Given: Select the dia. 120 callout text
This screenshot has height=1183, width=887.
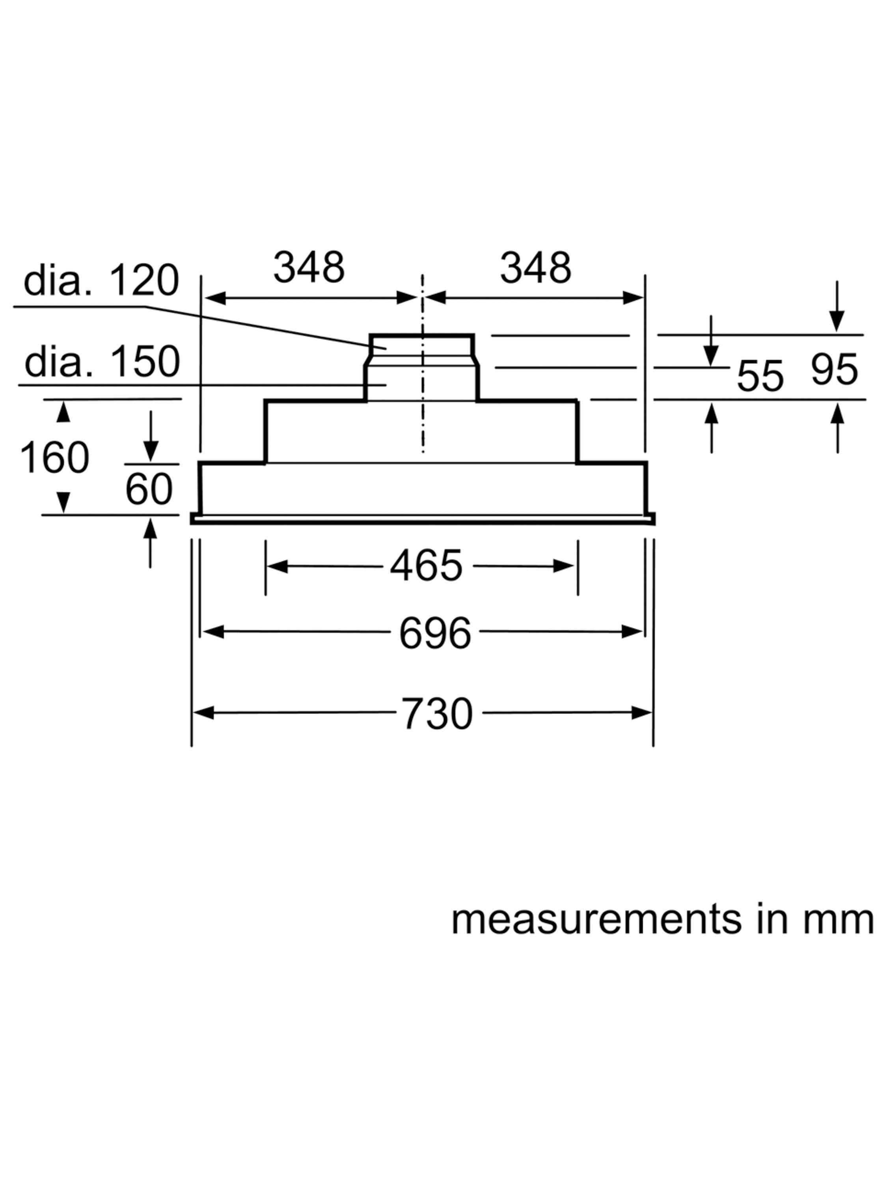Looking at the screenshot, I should (101, 280).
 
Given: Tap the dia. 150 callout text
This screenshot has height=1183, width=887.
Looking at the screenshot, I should (102, 362).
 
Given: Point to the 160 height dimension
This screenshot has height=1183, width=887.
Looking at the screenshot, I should (54, 457).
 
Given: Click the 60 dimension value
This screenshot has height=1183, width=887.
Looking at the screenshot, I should (149, 489).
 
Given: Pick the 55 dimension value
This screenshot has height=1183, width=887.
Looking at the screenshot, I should (760, 376).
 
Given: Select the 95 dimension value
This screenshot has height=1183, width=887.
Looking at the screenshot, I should (834, 369).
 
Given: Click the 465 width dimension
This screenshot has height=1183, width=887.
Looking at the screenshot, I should (426, 566).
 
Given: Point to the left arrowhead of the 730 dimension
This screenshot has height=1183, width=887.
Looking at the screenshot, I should (203, 713).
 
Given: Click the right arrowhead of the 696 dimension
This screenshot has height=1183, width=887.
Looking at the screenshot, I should (632, 632).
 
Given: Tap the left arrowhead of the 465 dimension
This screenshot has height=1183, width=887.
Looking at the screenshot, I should (277, 566).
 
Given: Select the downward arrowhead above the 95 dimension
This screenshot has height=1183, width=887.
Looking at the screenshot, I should (837, 322).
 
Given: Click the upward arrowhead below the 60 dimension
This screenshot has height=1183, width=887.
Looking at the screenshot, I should (150, 528).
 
